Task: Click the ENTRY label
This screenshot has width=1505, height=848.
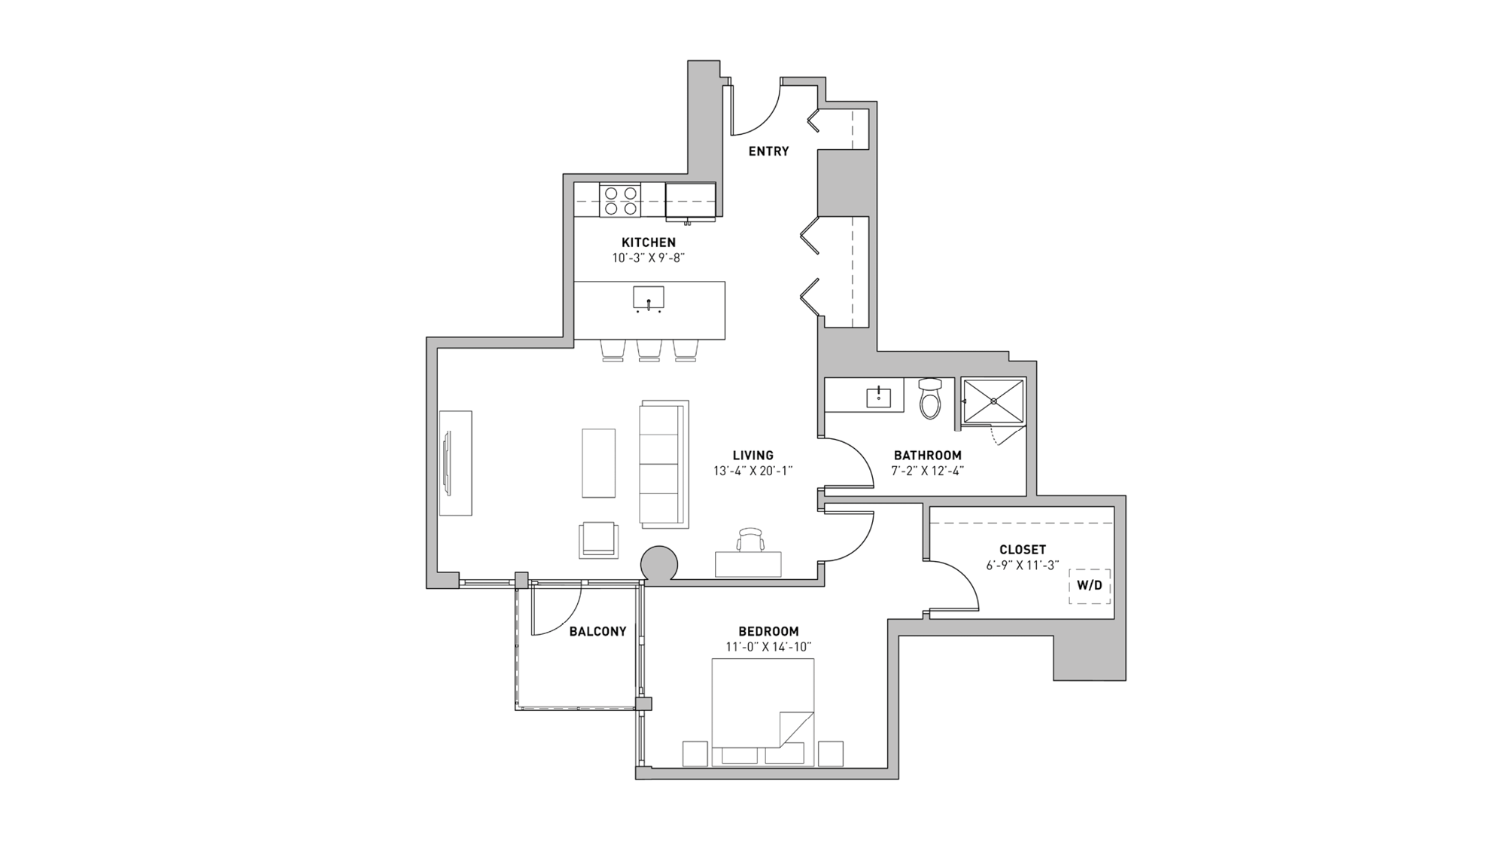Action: coord(768,151)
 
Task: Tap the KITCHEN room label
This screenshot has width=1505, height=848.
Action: coord(648,243)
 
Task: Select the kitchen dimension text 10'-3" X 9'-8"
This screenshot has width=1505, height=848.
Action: coord(648,258)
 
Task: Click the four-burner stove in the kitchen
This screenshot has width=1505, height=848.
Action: coord(621,200)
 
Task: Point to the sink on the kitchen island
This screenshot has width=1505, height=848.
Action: coord(648,298)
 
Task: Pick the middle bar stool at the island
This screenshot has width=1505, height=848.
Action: coord(649,350)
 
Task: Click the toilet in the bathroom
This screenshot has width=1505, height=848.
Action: coord(930,399)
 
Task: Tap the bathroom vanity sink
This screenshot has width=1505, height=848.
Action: coord(878,396)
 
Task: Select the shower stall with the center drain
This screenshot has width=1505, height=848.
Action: coord(993,401)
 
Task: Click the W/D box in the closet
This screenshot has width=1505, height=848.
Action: coord(1089,586)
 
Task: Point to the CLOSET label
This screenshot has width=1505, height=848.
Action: coord(1022,550)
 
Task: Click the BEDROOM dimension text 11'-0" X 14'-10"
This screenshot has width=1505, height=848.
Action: coord(768,647)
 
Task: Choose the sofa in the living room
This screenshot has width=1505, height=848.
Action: coord(664,463)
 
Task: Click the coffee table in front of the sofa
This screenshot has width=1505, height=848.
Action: coord(598,463)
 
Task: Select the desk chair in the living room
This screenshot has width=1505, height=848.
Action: coord(750,540)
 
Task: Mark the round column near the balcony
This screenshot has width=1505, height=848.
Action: coord(659,564)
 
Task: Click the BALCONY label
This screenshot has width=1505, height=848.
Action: coord(597,632)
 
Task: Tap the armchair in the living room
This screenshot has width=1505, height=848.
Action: coord(598,540)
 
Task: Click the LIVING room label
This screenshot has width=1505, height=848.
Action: coord(752,456)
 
